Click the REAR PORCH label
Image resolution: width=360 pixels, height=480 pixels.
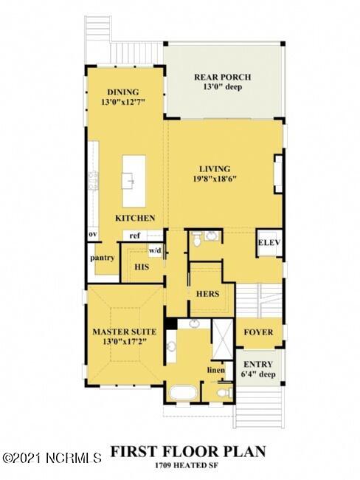[222, 77]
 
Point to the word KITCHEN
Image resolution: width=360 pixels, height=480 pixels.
[134, 219]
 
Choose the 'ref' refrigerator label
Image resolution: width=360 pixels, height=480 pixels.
[135, 236]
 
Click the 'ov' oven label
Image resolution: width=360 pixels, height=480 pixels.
[93, 236]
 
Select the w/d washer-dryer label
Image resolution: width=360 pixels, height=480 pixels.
[155, 250]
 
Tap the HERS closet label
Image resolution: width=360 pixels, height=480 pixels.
[207, 293]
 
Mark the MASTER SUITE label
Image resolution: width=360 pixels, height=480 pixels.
[122, 332]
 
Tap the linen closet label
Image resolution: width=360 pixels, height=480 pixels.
[216, 370]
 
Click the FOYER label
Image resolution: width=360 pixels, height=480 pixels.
[257, 332]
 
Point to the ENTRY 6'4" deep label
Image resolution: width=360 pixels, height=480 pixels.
[257, 369]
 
